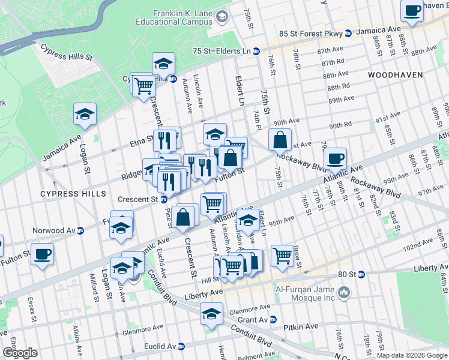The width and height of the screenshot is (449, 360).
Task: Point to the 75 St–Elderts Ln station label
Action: click(221, 52)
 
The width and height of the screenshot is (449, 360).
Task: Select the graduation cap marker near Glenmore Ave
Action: click(211, 313)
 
